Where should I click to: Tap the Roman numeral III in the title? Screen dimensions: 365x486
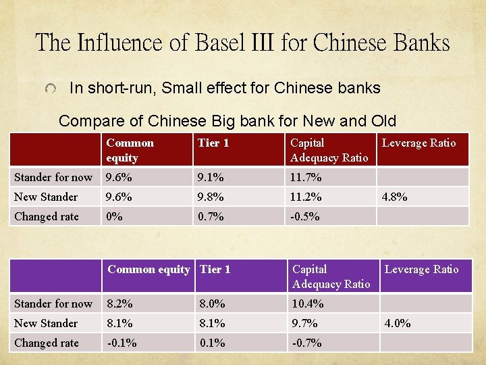coord(265,43)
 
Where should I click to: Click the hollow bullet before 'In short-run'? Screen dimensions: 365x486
coord(51,89)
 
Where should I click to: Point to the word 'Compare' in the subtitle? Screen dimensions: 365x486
coord(85,122)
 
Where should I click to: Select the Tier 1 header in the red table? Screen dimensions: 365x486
coord(213,143)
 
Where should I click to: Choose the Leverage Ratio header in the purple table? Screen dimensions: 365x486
coord(421,269)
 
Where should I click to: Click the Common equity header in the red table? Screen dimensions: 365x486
coord(130,150)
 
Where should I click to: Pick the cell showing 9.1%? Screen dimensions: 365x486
coord(209,177)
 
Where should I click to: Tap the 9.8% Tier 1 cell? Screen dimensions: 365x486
coord(209,197)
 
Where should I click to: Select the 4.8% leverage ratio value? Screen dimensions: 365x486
coord(394,197)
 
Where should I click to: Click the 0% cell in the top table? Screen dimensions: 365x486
coord(113,216)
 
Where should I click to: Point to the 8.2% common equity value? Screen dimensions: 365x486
coord(119,303)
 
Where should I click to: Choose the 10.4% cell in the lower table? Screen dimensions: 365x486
coord(307,303)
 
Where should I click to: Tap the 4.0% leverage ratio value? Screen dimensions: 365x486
coord(397,323)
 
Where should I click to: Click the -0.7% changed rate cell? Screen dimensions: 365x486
coord(307,343)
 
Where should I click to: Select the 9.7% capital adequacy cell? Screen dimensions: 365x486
coord(304,323)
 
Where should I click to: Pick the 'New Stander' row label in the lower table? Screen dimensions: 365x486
coord(46,323)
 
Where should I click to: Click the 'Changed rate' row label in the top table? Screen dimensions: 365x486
coord(47,216)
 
